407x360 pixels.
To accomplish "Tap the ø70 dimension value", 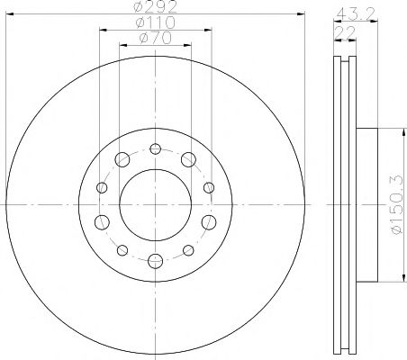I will point(156,40).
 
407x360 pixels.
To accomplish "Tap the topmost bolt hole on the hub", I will point(155,148).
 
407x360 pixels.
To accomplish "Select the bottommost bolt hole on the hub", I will point(155,260).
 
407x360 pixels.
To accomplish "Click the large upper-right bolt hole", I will point(188,159).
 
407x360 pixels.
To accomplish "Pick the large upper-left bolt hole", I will point(122,159).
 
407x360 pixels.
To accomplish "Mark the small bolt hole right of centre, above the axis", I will point(208,187).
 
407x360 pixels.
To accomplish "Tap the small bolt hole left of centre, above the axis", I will point(102,187).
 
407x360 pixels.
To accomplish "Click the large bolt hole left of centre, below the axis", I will point(102,221).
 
